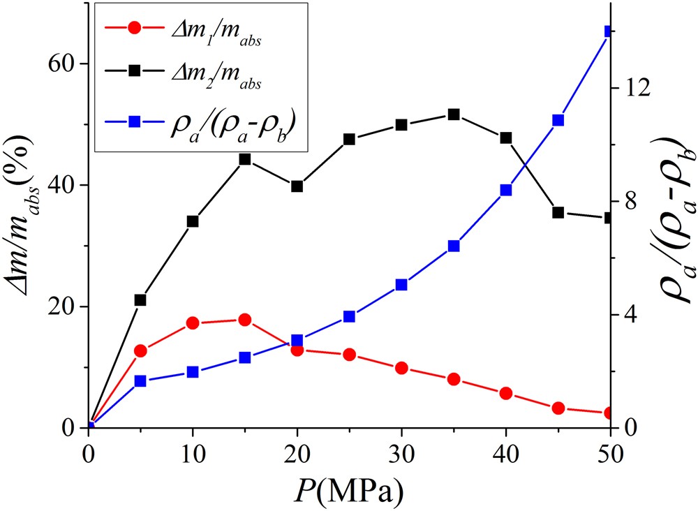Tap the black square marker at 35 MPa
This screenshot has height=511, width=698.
pyautogui.click(x=454, y=114)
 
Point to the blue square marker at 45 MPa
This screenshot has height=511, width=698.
pyautogui.click(x=558, y=120)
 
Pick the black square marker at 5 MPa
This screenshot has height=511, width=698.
pyautogui.click(x=140, y=300)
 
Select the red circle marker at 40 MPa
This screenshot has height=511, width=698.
pyautogui.click(x=506, y=394)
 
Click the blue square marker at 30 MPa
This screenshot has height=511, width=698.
pyautogui.click(x=401, y=285)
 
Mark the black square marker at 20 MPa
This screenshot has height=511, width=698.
pyautogui.click(x=297, y=186)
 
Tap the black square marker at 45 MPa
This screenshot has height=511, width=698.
pyautogui.click(x=558, y=212)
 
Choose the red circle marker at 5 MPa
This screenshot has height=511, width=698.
pyautogui.click(x=140, y=351)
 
